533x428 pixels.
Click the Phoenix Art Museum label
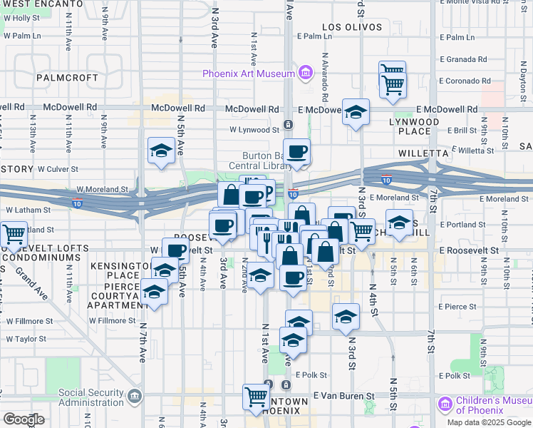[249, 73]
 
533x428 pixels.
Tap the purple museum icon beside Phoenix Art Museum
[305, 72]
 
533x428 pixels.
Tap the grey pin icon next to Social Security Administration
[133, 397]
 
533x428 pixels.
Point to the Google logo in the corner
[24, 419]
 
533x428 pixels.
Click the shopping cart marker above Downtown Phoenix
[256, 396]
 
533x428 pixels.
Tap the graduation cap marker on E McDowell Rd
[356, 111]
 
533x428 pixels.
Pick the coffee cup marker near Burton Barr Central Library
[297, 151]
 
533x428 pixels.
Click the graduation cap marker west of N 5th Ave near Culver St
[161, 151]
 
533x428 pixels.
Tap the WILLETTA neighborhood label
[423, 153]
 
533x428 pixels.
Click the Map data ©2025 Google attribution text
[490, 422]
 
